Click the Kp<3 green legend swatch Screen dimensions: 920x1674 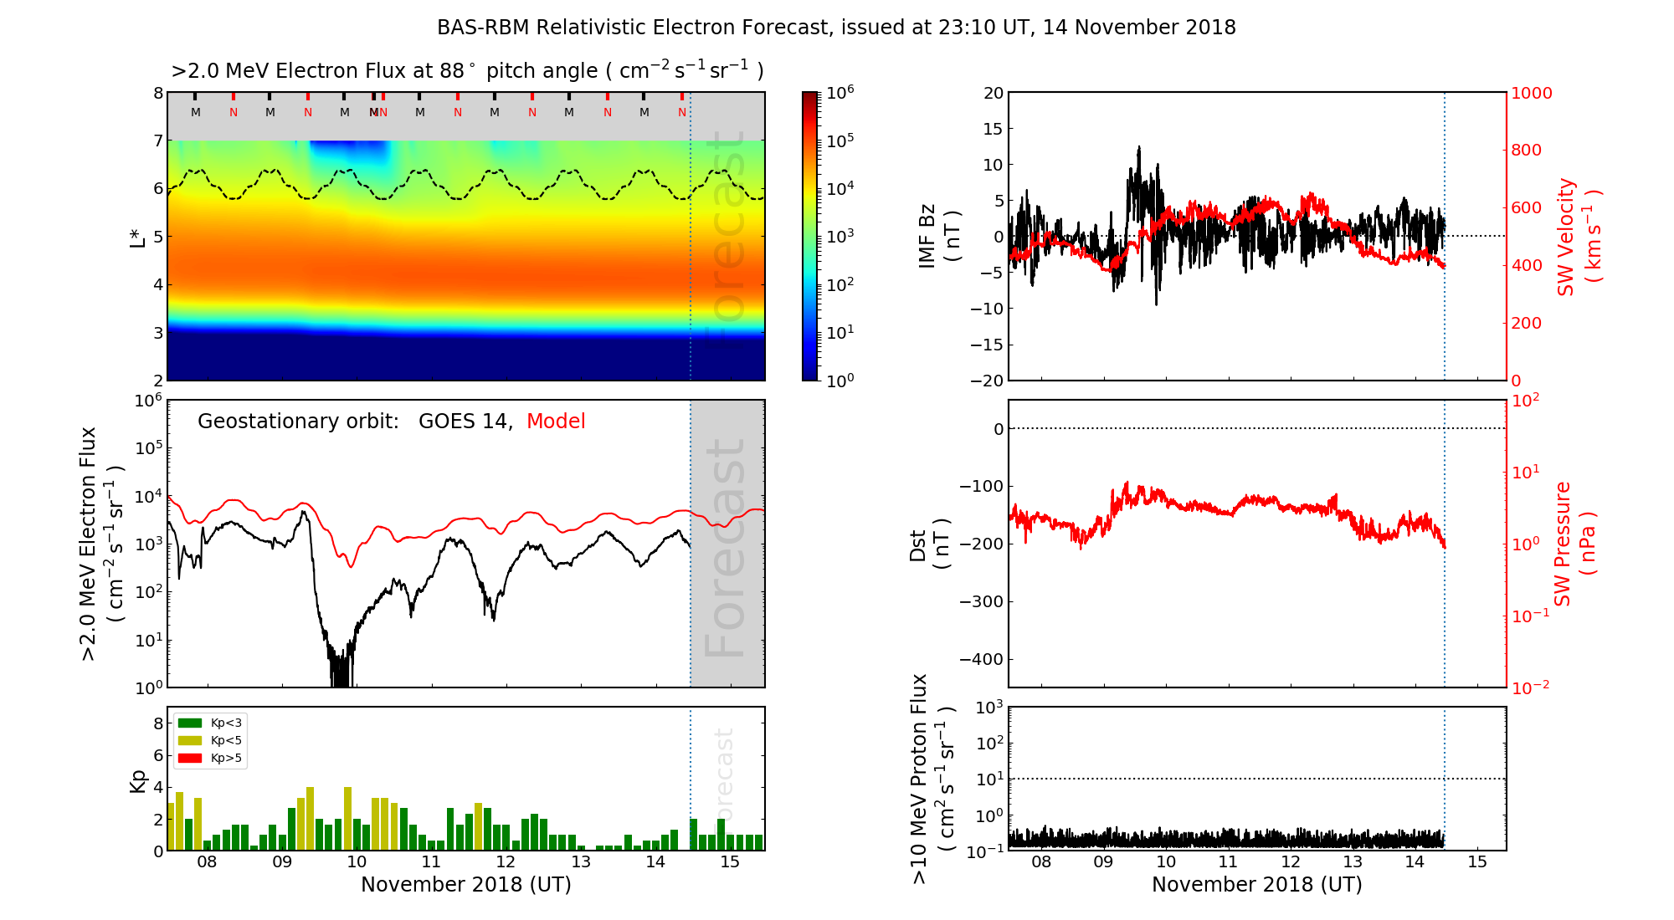tap(190, 723)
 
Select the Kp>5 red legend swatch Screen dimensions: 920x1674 tap(190, 759)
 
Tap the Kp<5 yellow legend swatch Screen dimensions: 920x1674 tap(190, 740)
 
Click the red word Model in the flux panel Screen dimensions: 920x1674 tap(556, 422)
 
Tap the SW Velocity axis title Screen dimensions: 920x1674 tap(1579, 237)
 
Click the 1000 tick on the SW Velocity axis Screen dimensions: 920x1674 tap(1531, 93)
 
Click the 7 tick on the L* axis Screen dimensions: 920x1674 tap(157, 141)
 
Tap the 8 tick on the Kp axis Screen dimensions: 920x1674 tap(158, 723)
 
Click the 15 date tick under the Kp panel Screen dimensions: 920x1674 tap(730, 862)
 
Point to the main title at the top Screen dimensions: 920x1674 tap(836, 28)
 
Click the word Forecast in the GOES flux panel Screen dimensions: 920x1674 tap(725, 548)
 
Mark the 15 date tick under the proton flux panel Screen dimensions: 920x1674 tap(1477, 862)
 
